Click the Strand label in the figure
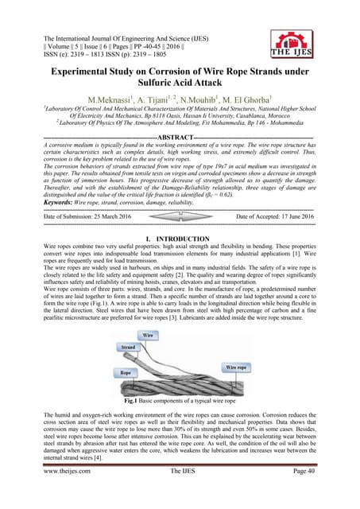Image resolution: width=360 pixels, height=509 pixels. click(x=127, y=348)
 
